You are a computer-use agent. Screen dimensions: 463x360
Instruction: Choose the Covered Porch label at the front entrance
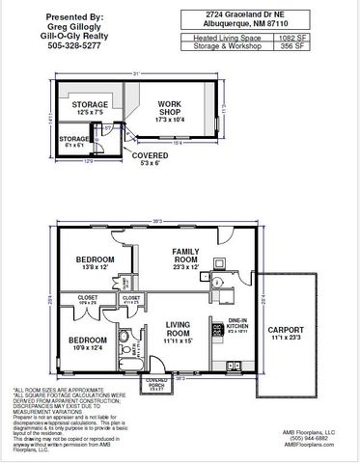[155, 382]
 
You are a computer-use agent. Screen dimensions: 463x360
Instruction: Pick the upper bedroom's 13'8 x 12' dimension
[96, 268]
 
